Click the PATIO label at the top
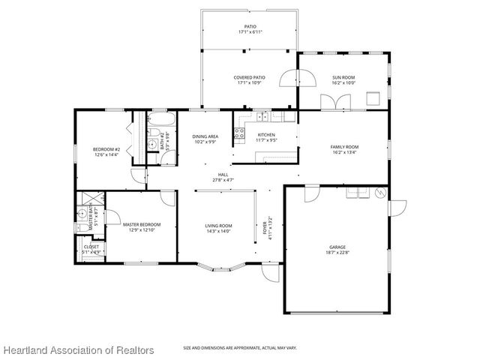[249, 26]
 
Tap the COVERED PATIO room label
[249, 77]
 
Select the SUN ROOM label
[343, 77]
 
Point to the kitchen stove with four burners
[240, 134]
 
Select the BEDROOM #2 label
[106, 148]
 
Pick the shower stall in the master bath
[88, 199]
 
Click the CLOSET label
[91, 246]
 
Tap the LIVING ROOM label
[218, 226]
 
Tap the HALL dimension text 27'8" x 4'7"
[223, 180]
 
